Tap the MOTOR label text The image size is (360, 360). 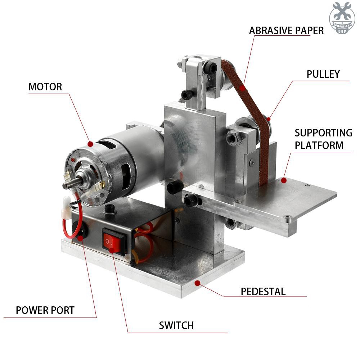pos(45,87)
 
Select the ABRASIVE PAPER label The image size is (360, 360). pos(286,31)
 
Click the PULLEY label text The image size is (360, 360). pos(323,74)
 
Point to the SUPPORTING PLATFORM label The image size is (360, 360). pos(324,139)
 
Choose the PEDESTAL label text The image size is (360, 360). pos(263,292)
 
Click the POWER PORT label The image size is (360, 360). pos(45,310)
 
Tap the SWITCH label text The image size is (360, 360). pos(176,325)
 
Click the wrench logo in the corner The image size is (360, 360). pos(342,18)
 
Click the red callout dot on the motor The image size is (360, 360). pos(90,144)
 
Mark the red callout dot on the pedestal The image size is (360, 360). pos(197,283)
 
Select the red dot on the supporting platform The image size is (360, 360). pos(284,180)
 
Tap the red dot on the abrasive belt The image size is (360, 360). pos(242,88)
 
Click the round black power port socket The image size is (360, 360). pos(80,230)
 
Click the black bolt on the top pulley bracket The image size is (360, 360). pos(210,68)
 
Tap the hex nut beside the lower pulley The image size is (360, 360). pos(234,138)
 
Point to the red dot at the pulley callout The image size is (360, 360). pos(269,119)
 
